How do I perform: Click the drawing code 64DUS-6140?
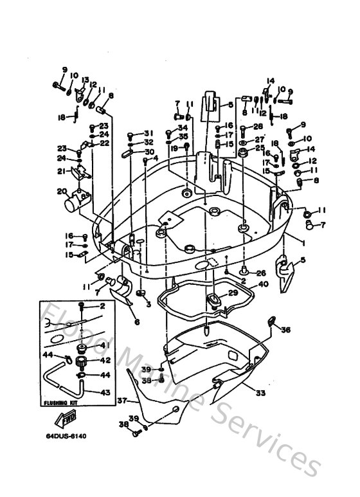pyautogui.click(x=66, y=437)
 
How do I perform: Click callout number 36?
pyautogui.click(x=285, y=330)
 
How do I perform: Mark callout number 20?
pyautogui.click(x=62, y=191)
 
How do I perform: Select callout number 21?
pyautogui.click(x=62, y=171)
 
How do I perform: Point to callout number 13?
pyautogui.click(x=84, y=80)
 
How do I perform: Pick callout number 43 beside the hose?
pyautogui.click(x=102, y=392)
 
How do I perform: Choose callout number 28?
pyautogui.click(x=258, y=127)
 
